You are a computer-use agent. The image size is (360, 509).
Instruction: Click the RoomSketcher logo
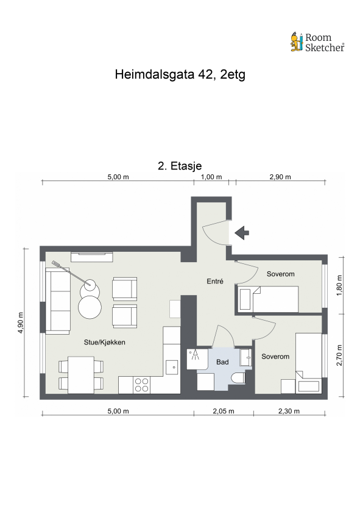(x=317, y=42)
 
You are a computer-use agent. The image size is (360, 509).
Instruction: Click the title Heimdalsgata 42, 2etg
(x=180, y=75)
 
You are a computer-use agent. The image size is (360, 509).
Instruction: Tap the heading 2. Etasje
(x=180, y=165)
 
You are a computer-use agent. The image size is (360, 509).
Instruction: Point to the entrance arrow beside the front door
(x=242, y=232)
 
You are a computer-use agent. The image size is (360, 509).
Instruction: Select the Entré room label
(x=214, y=282)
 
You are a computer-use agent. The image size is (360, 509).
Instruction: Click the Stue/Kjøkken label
(x=104, y=343)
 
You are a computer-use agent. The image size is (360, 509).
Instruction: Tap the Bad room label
(x=222, y=362)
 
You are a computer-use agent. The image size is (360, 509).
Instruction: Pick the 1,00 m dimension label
(x=211, y=177)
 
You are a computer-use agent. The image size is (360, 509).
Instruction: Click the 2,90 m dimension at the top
(x=280, y=177)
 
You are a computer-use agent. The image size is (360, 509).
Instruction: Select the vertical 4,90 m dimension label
(x=21, y=322)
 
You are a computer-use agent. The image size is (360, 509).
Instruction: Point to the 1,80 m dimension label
(x=340, y=285)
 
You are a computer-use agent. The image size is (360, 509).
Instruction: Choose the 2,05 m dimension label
(x=223, y=411)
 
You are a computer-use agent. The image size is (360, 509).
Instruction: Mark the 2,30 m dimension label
(x=289, y=411)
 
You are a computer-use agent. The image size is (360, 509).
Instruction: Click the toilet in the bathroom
(x=238, y=379)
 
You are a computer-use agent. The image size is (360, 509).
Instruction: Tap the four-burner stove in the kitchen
(x=141, y=385)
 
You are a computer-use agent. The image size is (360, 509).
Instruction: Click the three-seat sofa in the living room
(x=58, y=300)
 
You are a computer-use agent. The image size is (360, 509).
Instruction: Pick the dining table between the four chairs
(x=80, y=375)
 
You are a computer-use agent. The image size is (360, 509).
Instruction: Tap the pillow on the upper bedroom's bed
(x=244, y=299)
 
